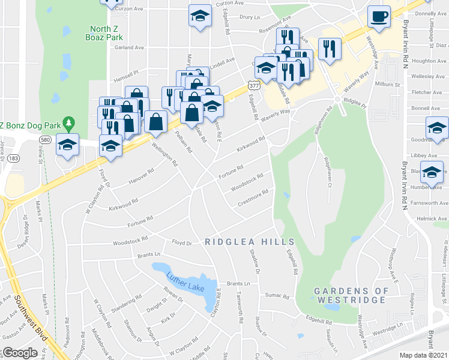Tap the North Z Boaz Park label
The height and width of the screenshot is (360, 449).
click(106, 33)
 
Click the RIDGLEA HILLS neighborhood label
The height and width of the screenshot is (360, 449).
click(242, 241)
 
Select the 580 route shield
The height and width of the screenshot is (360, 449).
click(46, 139)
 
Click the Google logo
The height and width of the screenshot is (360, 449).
click(20, 353)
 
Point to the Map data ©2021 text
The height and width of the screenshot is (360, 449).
click(423, 355)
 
